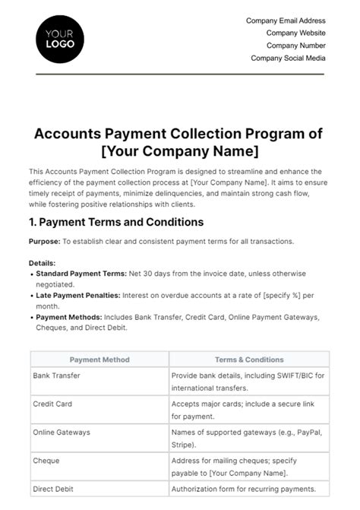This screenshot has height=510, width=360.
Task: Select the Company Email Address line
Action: coord(286,21)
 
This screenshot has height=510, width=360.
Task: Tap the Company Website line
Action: coord(296,33)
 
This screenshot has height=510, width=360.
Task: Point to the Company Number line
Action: coord(296,46)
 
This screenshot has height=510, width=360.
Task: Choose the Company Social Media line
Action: coord(289,58)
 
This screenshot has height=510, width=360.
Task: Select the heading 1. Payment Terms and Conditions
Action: coord(115,223)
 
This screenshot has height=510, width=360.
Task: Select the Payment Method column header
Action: coord(99,360)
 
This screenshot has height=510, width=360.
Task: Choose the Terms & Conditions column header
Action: coord(249,360)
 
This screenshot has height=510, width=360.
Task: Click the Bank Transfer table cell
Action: coord(56,375)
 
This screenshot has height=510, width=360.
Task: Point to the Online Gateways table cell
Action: coord(62,432)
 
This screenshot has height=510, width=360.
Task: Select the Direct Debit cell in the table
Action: coord(52,489)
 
